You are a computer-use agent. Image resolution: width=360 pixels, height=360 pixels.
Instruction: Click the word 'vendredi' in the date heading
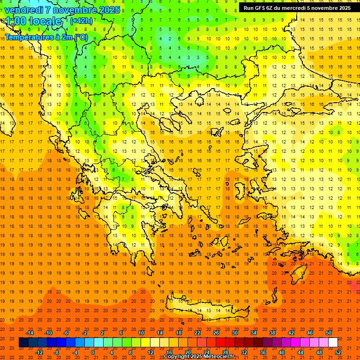click(24, 10)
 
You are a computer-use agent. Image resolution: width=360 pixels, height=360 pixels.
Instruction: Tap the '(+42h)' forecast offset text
click(81, 21)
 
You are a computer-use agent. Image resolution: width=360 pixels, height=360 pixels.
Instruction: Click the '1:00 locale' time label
click(33, 21)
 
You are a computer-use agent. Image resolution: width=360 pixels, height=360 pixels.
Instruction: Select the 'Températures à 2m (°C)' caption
click(46, 37)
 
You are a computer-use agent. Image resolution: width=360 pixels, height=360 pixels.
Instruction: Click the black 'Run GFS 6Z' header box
click(298, 7)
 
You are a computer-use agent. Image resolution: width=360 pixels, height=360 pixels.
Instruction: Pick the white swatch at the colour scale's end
click(333, 343)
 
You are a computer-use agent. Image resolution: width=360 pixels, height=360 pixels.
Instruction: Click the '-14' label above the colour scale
click(30, 333)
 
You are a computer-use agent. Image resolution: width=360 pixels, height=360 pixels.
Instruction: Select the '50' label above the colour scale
click(329, 333)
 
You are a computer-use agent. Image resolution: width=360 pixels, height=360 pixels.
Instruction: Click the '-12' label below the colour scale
click(39, 352)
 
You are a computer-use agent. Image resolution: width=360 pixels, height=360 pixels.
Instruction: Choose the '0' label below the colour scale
click(93, 352)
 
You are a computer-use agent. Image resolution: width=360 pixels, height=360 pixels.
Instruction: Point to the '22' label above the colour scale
click(197, 333)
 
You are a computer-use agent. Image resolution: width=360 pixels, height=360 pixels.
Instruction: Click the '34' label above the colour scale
click(254, 333)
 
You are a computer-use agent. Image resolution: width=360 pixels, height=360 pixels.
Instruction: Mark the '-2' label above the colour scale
click(85, 333)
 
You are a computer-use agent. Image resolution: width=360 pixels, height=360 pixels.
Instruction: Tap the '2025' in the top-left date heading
click(106, 10)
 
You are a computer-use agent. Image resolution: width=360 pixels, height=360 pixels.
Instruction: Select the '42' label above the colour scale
click(291, 333)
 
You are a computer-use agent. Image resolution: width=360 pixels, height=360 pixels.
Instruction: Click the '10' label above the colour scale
click(141, 333)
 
